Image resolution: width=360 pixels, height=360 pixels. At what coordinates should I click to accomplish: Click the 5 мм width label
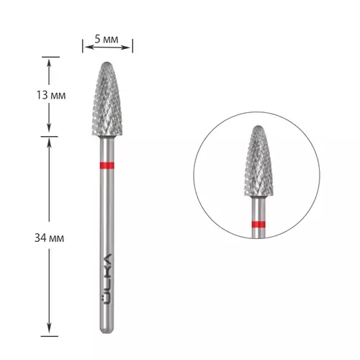pyautogui.click(x=107, y=39)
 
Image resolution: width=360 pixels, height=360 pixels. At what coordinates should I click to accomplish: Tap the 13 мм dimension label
pyautogui.click(x=51, y=95)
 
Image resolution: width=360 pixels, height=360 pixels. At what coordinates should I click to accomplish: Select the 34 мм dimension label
pyautogui.click(x=49, y=238)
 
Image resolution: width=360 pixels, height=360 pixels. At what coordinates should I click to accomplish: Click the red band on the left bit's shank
pyautogui.click(x=107, y=166)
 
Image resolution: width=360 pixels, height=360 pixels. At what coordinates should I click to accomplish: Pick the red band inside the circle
pyautogui.click(x=258, y=225)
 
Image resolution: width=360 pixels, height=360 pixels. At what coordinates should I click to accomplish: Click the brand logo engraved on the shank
pyautogui.click(x=107, y=279)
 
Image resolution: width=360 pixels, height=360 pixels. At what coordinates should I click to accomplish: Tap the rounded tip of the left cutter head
pyautogui.click(x=107, y=63)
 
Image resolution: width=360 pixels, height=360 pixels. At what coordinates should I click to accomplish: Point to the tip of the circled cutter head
pyautogui.click(x=258, y=127)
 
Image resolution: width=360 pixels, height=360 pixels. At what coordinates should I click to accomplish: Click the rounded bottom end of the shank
pyautogui.click(x=107, y=331)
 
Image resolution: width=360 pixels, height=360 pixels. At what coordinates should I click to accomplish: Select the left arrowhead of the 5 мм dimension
pyautogui.click(x=86, y=47)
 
